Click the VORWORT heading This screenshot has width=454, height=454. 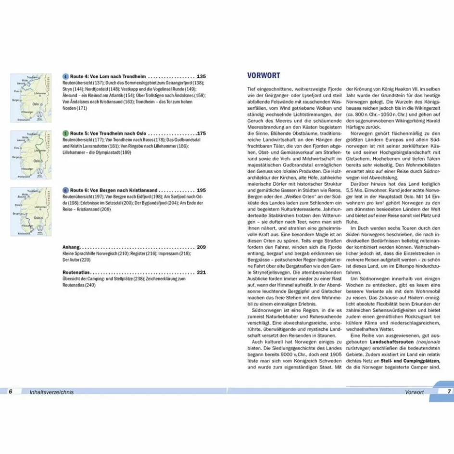coord(263,75)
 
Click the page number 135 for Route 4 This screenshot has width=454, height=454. coord(201,76)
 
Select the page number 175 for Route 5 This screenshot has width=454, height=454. coord(201,133)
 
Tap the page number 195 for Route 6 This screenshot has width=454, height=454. coord(201,190)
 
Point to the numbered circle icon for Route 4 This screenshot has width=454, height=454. coord(65,76)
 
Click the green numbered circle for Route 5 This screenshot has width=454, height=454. coord(65,133)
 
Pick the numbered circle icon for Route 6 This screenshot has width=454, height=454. coord(65,190)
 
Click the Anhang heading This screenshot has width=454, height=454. coord(72,247)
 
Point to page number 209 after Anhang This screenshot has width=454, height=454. coord(201,247)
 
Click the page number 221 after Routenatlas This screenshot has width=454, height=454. coord(201,272)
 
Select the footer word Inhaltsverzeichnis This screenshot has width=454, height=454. coord(51,392)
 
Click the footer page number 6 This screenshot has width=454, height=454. coord(10,391)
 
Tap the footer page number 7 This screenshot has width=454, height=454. coord(449,391)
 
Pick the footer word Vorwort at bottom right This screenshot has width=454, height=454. coord(415,392)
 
